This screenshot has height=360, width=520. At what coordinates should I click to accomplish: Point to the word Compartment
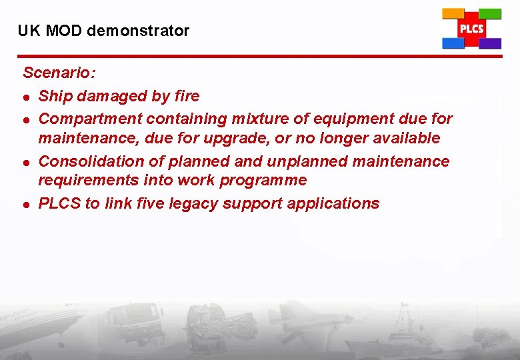pyautogui.click(x=90, y=119)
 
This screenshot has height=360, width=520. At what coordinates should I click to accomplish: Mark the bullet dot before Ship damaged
pyautogui.click(x=26, y=97)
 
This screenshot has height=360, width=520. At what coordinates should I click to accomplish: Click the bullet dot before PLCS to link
pyautogui.click(x=26, y=204)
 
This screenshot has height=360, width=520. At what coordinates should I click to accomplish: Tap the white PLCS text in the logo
pyautogui.click(x=471, y=29)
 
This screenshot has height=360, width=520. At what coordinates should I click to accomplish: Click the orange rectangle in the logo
pyautogui.click(x=453, y=13)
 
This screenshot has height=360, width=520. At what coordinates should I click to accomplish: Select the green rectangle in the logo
pyautogui.click(x=490, y=13)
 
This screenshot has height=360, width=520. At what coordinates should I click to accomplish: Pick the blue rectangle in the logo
pyautogui.click(x=453, y=43)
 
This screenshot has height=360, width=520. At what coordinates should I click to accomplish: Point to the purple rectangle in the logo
pyautogui.click(x=490, y=43)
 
